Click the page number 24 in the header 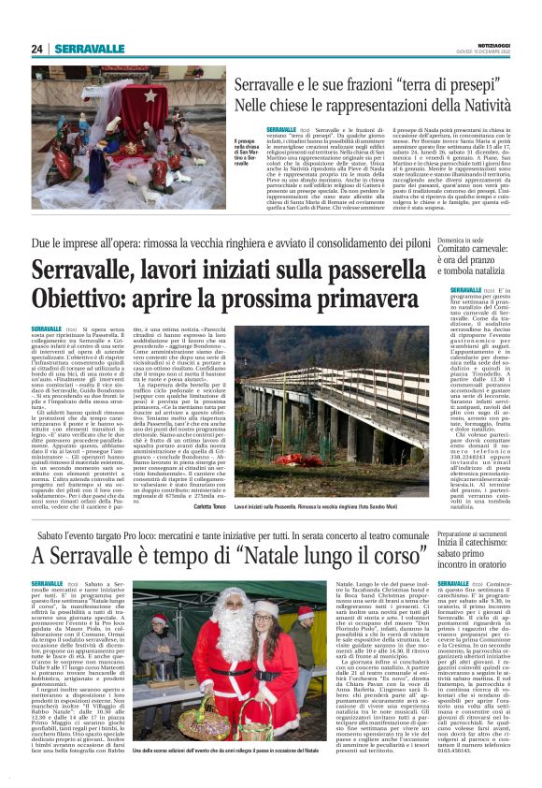point(37,49)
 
